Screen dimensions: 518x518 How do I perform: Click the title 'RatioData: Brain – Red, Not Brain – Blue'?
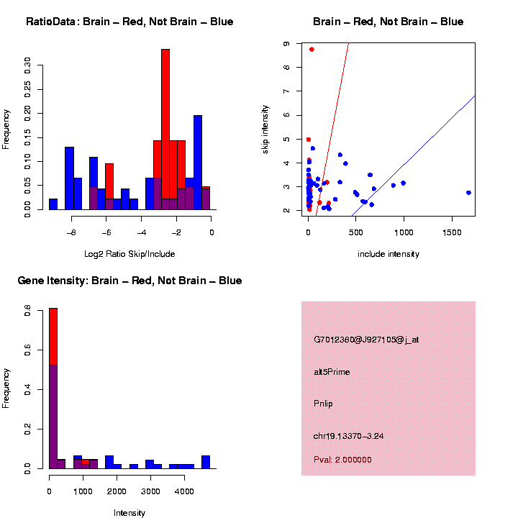pyautogui.click(x=129, y=22)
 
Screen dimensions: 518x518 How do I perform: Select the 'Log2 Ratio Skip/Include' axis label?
pyautogui.click(x=129, y=253)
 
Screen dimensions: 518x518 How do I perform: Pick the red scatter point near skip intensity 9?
pyautogui.click(x=312, y=50)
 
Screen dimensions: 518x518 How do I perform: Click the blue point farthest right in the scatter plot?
pyautogui.click(x=468, y=193)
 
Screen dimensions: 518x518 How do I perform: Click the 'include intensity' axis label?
pyautogui.click(x=388, y=253)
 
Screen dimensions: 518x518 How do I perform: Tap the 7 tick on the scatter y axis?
pyautogui.click(x=287, y=91)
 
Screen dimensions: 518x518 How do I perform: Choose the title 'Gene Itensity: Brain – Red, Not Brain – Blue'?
pyautogui.click(x=129, y=281)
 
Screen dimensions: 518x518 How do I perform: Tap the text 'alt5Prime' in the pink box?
pyautogui.click(x=332, y=372)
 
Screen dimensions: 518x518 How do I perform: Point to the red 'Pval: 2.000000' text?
pyautogui.click(x=342, y=460)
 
